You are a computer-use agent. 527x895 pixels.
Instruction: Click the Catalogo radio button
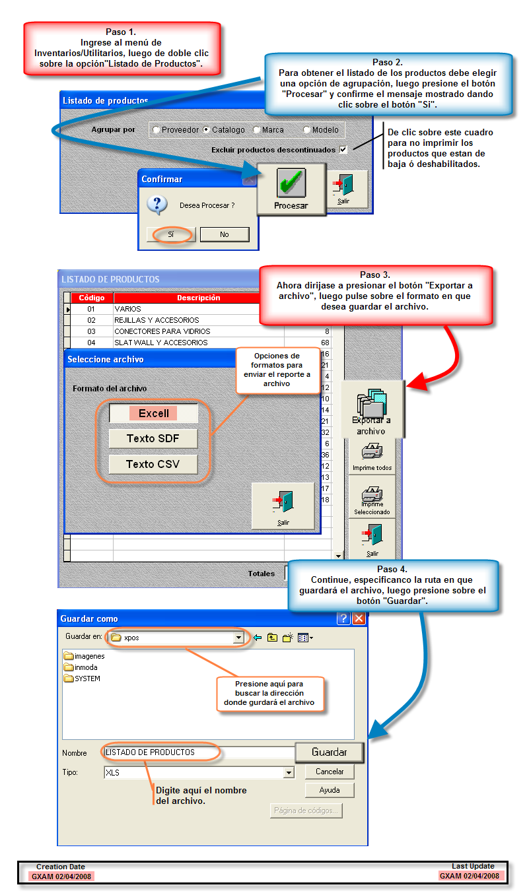click(x=207, y=130)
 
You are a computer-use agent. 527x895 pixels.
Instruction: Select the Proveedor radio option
click(x=157, y=130)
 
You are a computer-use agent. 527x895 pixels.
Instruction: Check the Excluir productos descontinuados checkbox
click(x=343, y=150)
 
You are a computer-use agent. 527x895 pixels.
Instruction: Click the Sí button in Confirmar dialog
click(x=171, y=234)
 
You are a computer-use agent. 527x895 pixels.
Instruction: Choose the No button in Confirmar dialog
click(x=225, y=234)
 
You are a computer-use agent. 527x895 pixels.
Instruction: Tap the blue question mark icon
click(x=157, y=205)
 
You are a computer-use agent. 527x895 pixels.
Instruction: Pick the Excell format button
click(x=153, y=414)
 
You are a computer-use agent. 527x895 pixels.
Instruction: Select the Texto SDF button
click(x=153, y=438)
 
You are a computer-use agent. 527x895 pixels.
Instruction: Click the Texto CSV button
click(x=153, y=464)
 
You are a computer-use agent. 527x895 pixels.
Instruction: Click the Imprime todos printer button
click(x=372, y=456)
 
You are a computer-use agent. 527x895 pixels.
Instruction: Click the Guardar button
click(x=329, y=752)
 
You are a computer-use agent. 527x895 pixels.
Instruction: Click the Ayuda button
click(x=329, y=790)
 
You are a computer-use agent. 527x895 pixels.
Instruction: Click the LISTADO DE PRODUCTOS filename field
click(x=198, y=752)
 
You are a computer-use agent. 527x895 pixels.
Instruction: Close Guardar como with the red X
click(x=359, y=618)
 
